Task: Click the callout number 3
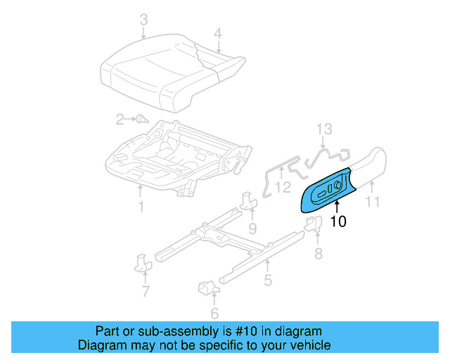tap(143, 20)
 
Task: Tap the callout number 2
tap(120, 119)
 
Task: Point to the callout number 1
tap(141, 206)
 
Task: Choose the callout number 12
tap(282, 187)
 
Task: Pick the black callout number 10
tap(338, 221)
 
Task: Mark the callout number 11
tap(373, 202)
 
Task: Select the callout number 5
tap(268, 281)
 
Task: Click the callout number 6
tap(214, 314)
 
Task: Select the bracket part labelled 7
tap(143, 263)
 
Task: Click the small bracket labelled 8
tap(313, 224)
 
